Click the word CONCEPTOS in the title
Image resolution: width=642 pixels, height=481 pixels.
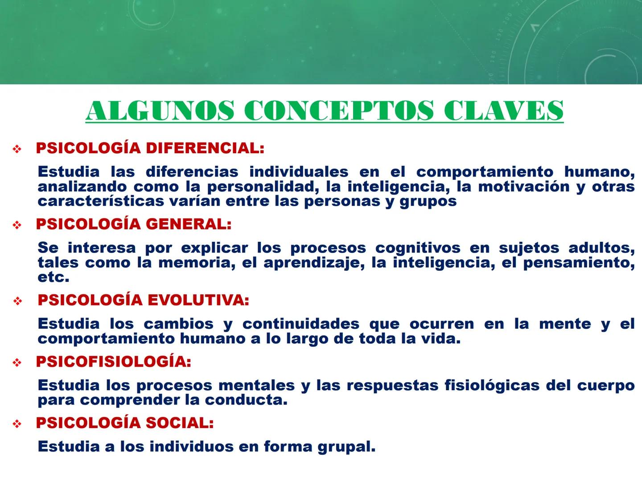339,110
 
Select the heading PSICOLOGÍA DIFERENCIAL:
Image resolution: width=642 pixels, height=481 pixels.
150,148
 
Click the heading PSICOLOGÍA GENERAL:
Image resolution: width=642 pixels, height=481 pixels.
134,224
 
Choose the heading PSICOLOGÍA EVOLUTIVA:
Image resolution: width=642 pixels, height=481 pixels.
143,300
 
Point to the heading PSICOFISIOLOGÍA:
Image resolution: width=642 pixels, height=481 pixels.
114,362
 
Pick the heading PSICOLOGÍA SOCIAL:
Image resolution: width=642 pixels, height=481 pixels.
125,423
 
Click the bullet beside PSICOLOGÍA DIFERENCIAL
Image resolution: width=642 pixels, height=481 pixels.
17,149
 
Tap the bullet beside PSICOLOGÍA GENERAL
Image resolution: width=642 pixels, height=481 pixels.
17,225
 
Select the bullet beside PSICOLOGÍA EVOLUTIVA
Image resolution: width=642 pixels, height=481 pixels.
18,302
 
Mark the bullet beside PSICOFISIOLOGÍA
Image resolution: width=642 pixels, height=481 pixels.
17,363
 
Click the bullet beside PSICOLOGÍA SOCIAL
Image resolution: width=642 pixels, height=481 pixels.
17,424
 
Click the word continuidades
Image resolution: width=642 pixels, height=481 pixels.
300,324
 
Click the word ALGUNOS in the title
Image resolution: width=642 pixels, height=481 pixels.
160,110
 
